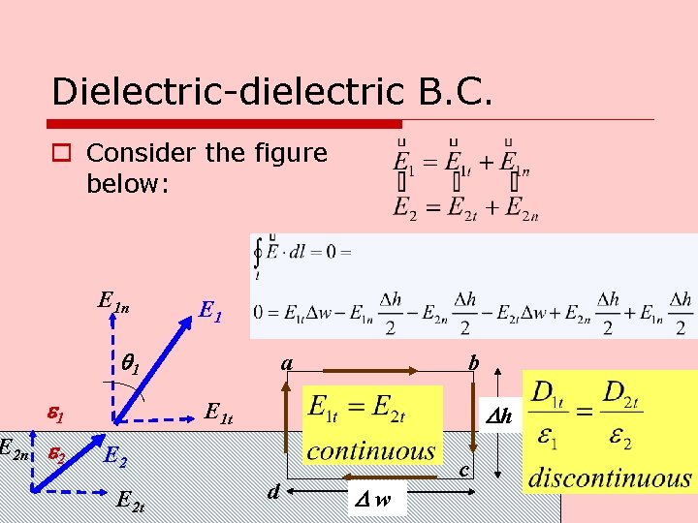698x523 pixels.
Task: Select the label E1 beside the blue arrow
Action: (210, 310)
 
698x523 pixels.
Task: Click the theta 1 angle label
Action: (131, 365)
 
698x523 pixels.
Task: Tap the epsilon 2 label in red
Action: (58, 453)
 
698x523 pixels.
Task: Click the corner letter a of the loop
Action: (287, 363)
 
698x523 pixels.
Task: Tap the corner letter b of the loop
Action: (473, 363)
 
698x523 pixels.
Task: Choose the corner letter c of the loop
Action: (464, 471)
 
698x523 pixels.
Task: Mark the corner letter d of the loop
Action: (274, 493)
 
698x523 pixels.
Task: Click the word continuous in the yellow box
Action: (370, 451)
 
